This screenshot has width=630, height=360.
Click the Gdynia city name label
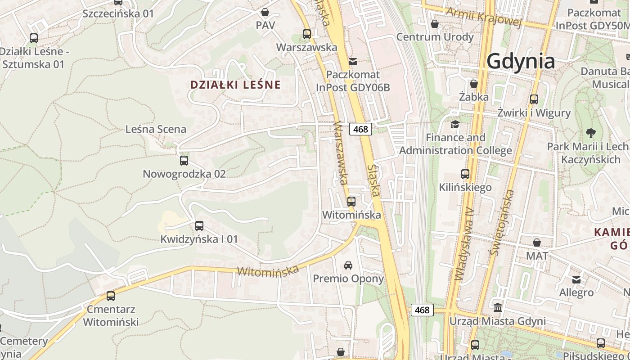pos(521,61)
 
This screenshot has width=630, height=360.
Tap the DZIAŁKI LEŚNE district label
pos(235,85)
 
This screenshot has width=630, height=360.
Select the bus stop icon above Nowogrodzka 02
pos(184,161)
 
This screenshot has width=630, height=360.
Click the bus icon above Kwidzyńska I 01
pos(199,226)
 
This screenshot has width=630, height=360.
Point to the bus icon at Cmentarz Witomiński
pos(111,296)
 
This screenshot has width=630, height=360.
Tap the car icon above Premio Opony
pos(348,265)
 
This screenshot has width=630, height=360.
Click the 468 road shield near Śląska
pos(360,130)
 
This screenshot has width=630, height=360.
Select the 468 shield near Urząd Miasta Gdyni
pos(422,310)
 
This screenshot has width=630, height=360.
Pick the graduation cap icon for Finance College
pos(455,124)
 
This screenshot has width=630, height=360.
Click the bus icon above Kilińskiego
pos(465,174)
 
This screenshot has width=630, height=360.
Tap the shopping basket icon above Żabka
pos(474,84)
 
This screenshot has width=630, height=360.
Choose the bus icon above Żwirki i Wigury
pos(534,99)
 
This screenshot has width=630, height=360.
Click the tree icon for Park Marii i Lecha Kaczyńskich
pos(591,133)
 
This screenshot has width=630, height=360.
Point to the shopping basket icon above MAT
pos(537,243)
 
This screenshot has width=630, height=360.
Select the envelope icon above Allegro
pos(576,280)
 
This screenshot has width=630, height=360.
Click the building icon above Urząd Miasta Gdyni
pos(498,308)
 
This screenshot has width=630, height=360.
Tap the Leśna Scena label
pos(156,130)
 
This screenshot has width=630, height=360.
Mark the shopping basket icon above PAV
pos(265,12)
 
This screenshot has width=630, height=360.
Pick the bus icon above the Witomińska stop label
pos(351,202)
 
